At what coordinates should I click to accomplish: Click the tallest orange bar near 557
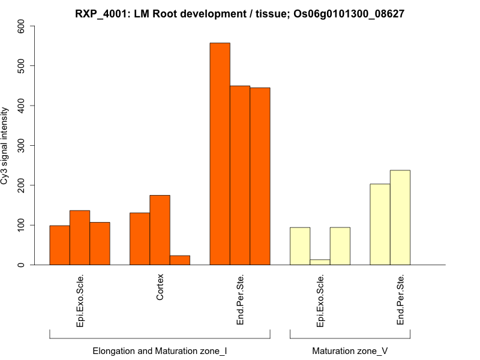220,154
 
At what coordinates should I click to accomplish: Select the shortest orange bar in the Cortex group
179,260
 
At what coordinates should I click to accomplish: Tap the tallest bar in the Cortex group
160,230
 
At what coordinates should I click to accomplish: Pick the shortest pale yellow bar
320,262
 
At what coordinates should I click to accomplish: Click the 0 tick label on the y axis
22,265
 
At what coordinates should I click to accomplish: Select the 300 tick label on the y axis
22,145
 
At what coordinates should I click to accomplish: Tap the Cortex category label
160,289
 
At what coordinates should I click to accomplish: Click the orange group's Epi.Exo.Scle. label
80,300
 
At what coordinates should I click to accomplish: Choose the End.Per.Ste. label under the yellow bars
400,300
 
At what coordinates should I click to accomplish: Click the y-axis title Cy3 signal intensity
6,145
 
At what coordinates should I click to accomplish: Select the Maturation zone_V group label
350,350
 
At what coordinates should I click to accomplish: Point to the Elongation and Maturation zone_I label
160,350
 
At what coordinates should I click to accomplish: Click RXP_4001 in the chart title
98,13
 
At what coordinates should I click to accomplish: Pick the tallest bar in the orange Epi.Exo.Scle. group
80,238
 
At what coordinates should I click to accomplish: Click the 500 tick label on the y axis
22,65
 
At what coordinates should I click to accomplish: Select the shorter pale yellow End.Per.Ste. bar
380,224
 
